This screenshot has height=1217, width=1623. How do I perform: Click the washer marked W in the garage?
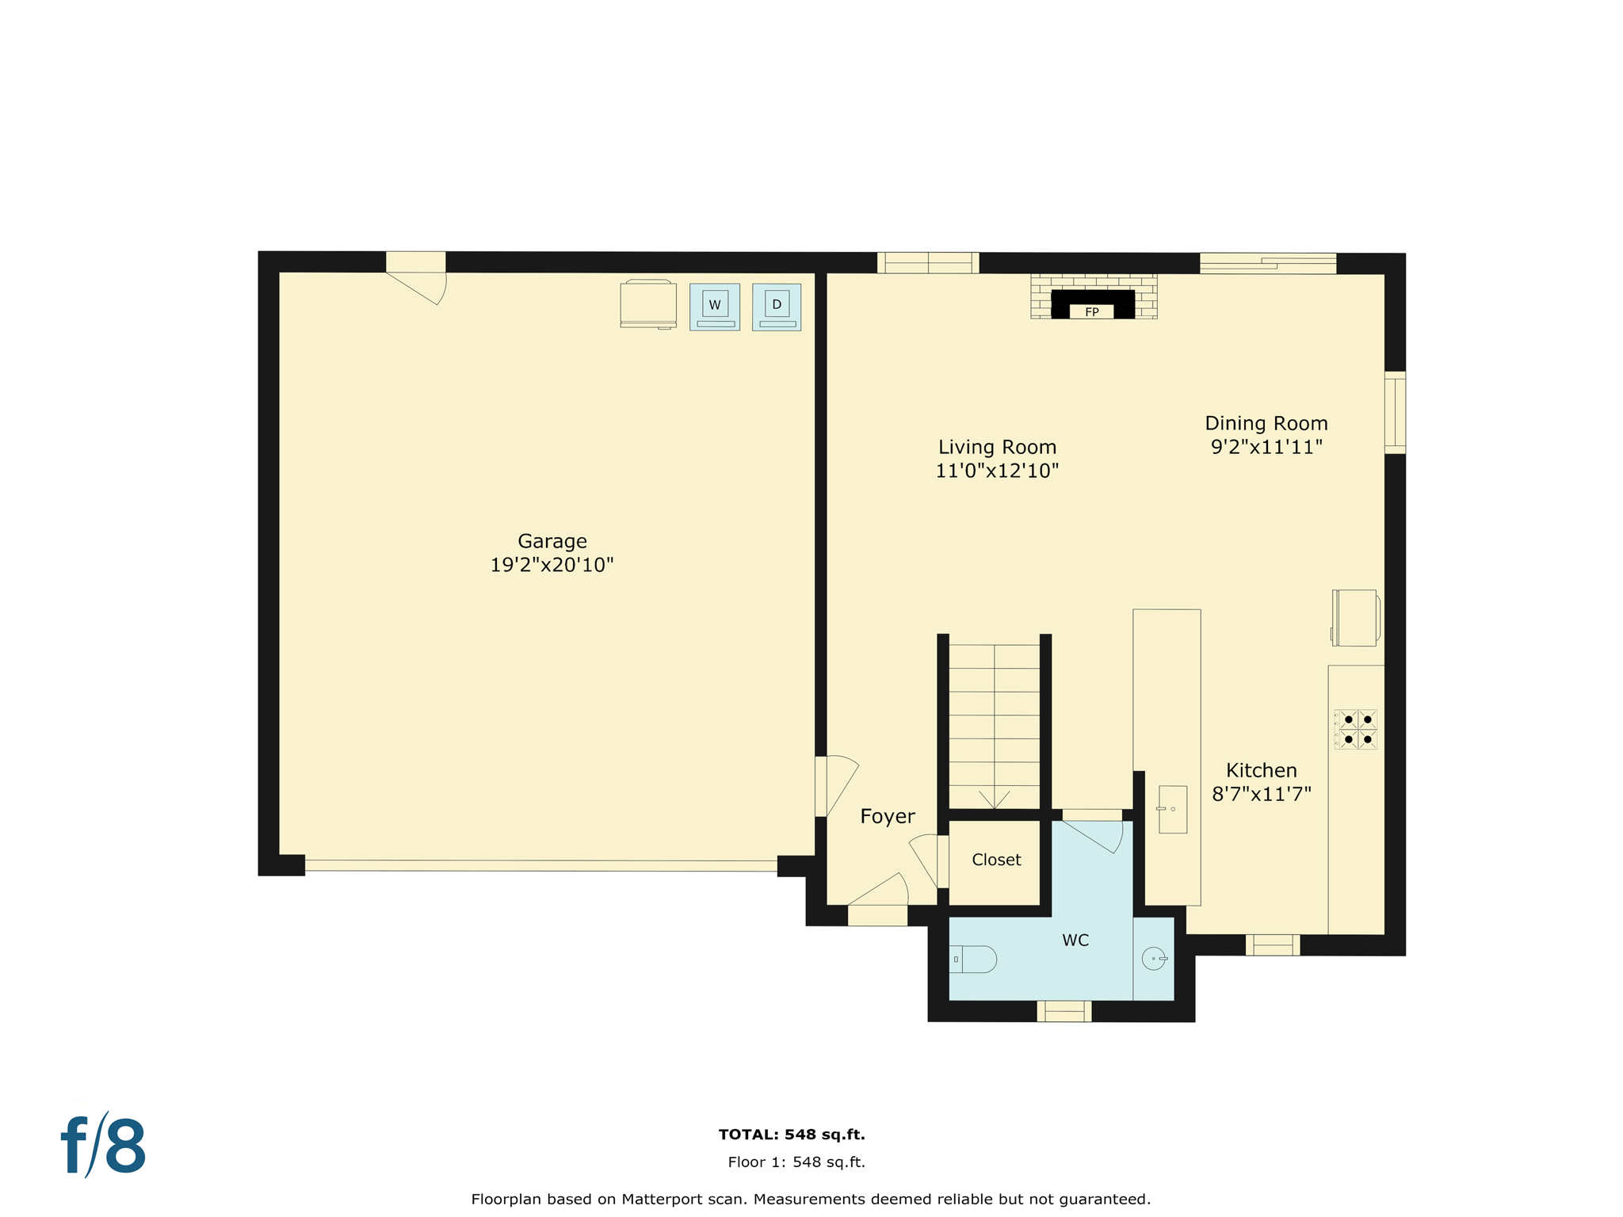(x=714, y=307)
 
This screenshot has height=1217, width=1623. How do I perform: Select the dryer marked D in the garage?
(x=776, y=307)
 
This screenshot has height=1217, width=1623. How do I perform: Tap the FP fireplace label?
(x=1091, y=312)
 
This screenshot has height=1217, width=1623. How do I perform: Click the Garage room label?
(x=552, y=541)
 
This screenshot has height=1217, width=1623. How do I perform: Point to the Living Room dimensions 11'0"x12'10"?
(x=997, y=471)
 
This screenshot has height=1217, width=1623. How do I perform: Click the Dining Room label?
(x=1266, y=423)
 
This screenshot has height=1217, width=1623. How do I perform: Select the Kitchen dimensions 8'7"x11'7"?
(x=1261, y=794)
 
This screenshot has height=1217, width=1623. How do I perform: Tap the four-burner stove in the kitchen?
(x=1355, y=730)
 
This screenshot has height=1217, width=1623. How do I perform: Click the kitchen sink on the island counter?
(x=1172, y=809)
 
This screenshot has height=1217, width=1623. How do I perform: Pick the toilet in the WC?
(x=973, y=959)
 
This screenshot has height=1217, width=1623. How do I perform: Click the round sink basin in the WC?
(x=1154, y=959)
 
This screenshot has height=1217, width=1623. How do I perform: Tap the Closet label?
(x=996, y=860)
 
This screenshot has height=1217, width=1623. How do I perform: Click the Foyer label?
(x=887, y=817)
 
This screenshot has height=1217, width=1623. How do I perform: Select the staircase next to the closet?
(x=994, y=725)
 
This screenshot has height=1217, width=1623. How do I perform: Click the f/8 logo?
(x=104, y=1146)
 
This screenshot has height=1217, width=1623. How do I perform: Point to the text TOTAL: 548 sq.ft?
(x=791, y=1135)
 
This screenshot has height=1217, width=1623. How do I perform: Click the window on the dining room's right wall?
(x=1395, y=413)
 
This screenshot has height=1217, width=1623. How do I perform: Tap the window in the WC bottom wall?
(x=1064, y=1011)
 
